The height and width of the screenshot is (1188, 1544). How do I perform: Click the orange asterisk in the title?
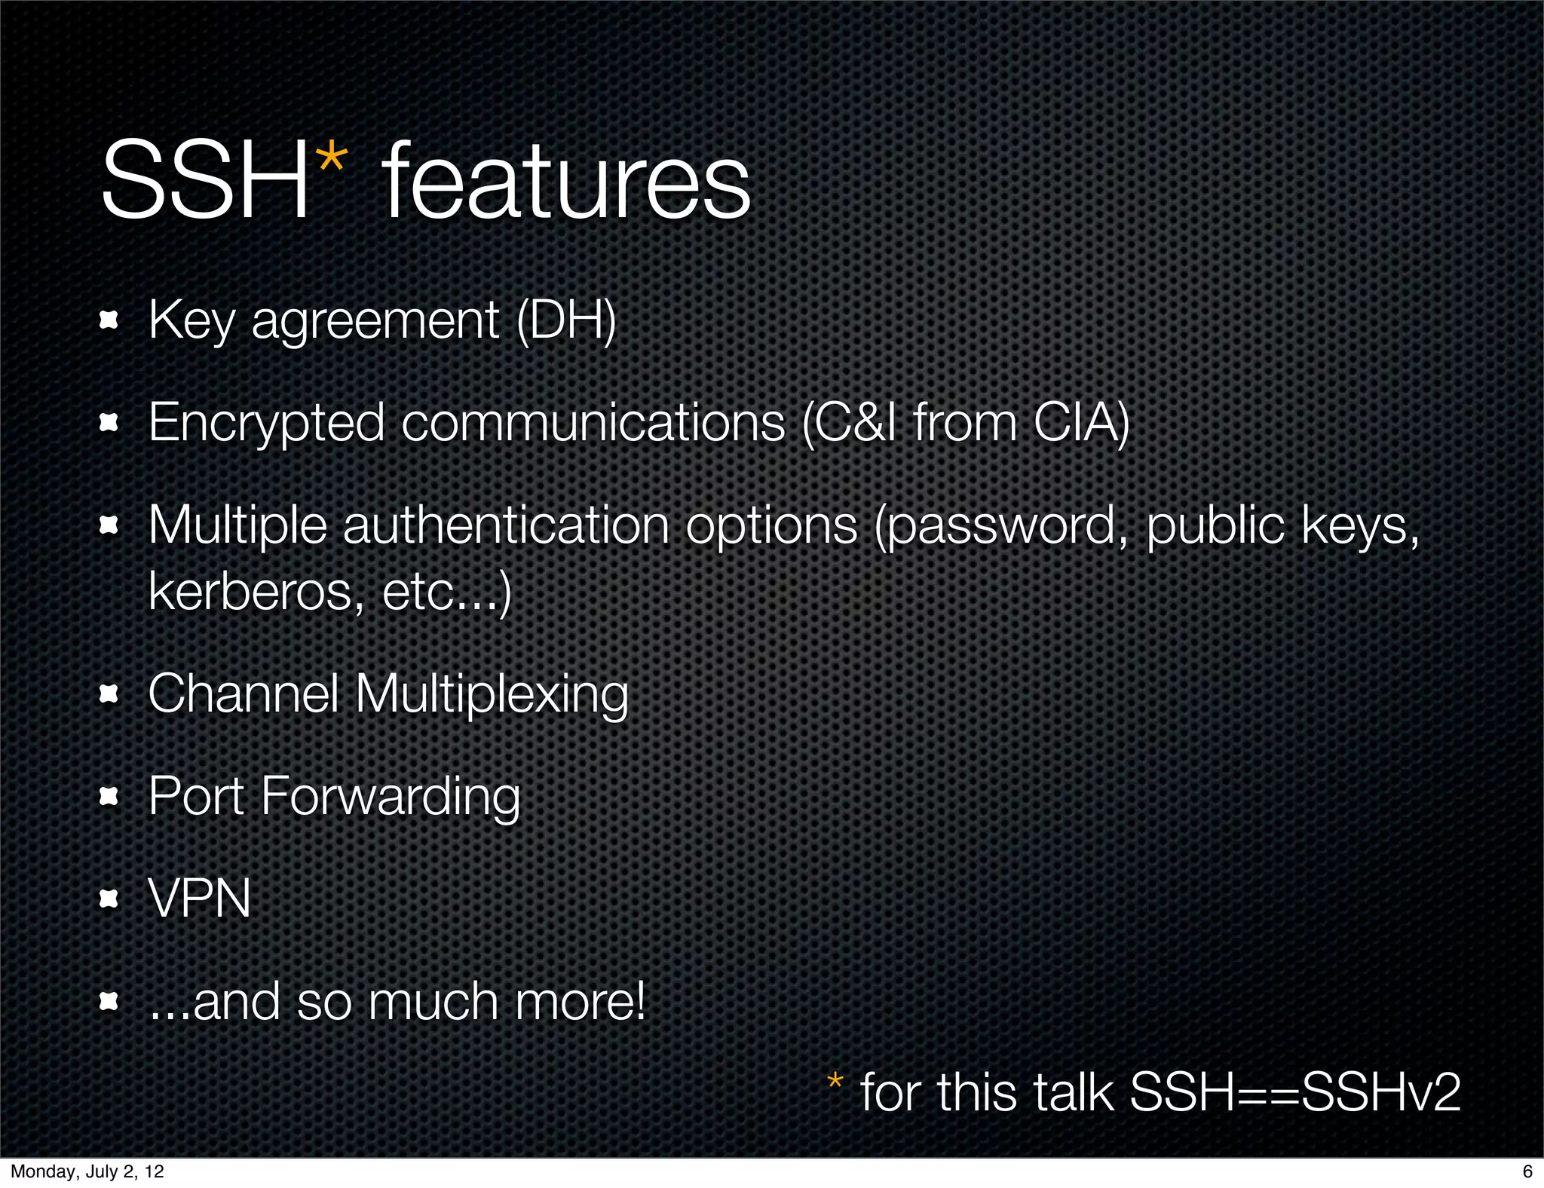332,161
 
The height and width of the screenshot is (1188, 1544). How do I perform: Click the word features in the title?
566,183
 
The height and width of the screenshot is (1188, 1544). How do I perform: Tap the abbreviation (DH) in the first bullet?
566,320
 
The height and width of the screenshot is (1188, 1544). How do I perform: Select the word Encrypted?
266,424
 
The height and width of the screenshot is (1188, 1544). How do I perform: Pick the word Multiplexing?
491,694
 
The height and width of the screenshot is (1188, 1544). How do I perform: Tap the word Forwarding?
390,797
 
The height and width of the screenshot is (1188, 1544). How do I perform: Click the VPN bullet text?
200,899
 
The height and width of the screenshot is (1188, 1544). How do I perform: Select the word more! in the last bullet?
580,1002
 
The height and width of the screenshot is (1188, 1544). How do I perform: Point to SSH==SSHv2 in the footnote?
1295,1092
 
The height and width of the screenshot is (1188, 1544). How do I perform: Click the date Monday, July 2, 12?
87,1171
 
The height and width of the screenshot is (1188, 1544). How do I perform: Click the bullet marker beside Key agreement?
109,321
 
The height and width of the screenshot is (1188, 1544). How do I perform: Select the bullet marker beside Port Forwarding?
109,796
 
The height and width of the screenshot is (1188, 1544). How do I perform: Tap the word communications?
593,424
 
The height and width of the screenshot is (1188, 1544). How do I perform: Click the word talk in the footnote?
1070,1092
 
